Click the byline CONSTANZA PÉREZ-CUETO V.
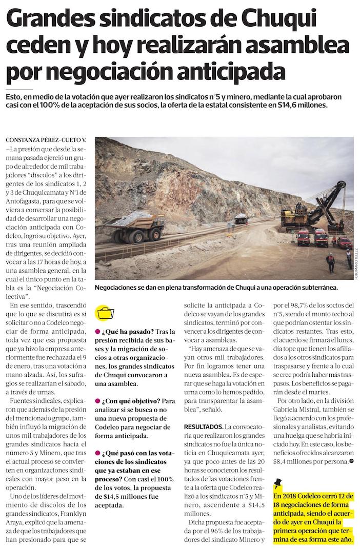coord(46,140)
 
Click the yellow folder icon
coord(106,313)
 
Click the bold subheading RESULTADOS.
coord(203,426)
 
